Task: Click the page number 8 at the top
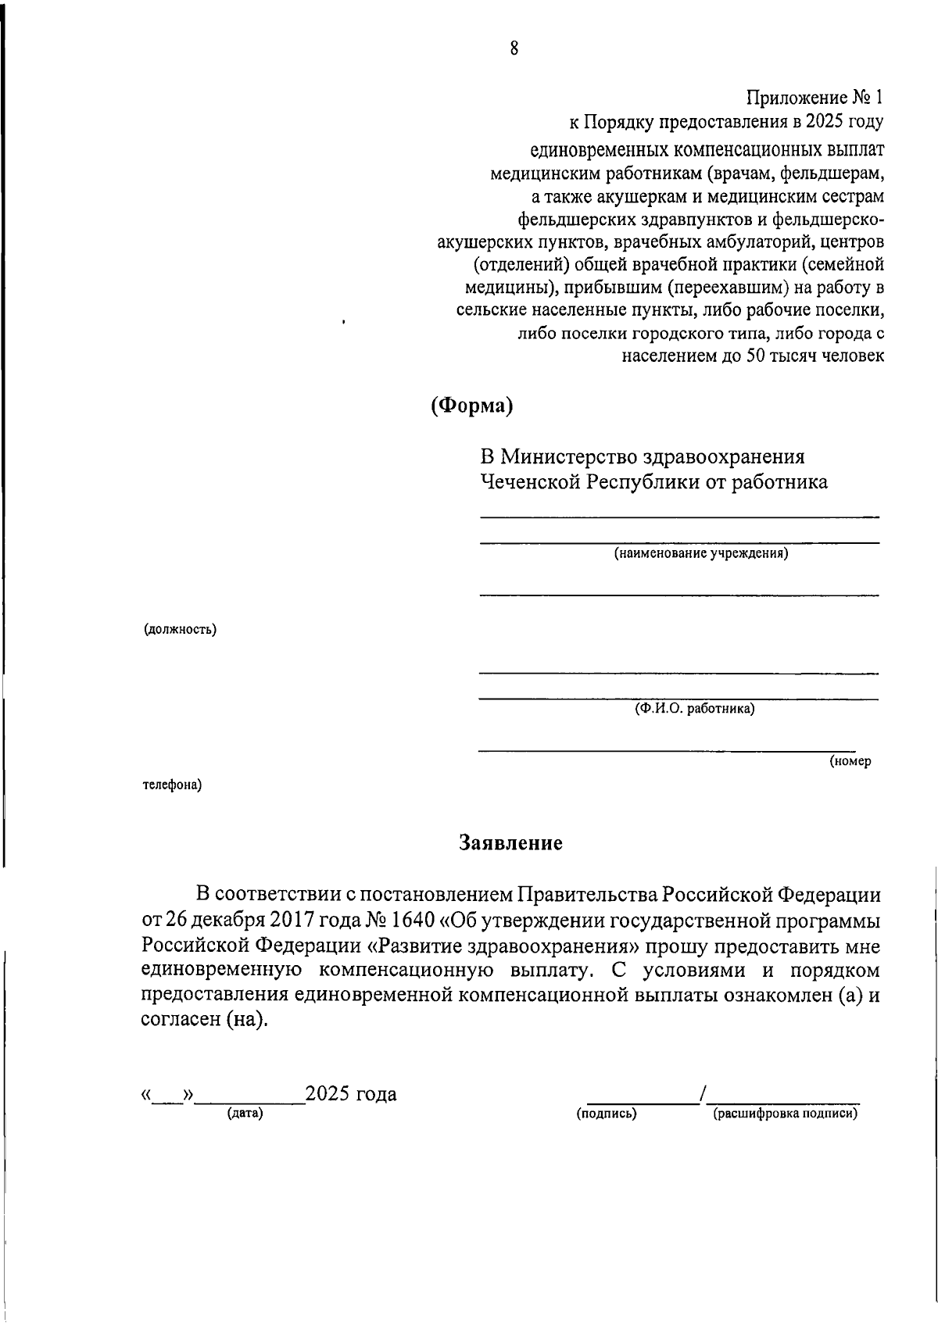tap(514, 48)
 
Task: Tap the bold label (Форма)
tap(472, 406)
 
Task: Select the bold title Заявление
tap(510, 843)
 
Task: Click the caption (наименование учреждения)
tap(700, 554)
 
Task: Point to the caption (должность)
tap(180, 629)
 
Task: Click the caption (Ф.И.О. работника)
tap(694, 710)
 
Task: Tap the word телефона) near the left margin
tap(172, 785)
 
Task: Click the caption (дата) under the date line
tap(245, 1113)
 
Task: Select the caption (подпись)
tap(607, 1113)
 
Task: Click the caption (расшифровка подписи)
tap(785, 1113)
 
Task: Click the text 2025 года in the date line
tap(351, 1093)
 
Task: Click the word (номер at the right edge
tap(850, 760)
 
